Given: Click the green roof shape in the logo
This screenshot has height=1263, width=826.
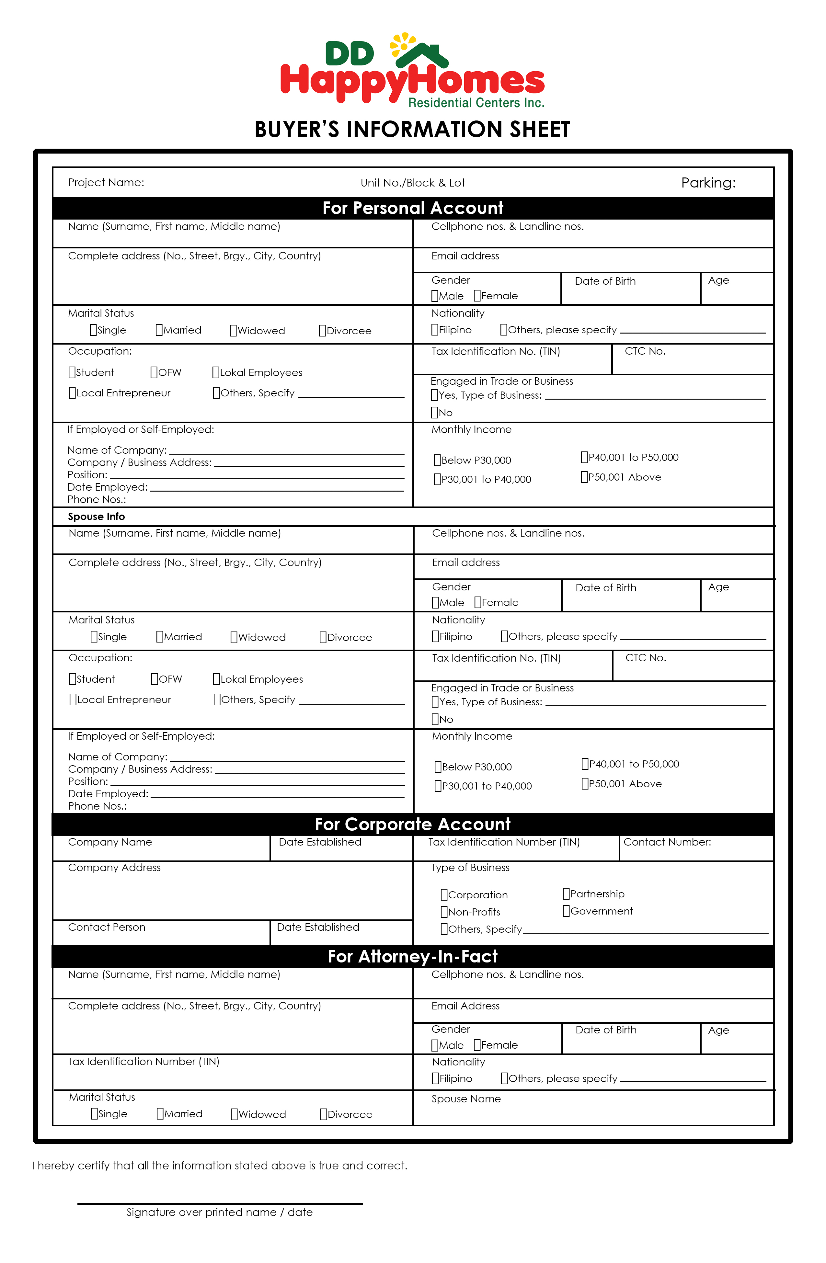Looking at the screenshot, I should pyautogui.click(x=422, y=54).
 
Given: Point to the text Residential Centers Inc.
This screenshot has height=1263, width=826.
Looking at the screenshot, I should pyautogui.click(x=476, y=102).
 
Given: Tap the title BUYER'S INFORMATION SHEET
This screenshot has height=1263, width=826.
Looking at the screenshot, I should pyautogui.click(x=412, y=130).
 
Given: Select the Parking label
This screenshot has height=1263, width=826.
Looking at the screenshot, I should pyautogui.click(x=708, y=183).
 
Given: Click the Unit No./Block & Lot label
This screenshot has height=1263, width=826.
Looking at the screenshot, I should pyautogui.click(x=412, y=183).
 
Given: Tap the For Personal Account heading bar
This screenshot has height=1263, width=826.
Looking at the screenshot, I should pyautogui.click(x=412, y=208).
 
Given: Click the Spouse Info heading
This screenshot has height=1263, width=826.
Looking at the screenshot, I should pyautogui.click(x=96, y=516).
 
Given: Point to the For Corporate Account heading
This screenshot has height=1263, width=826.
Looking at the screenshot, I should pyautogui.click(x=412, y=824).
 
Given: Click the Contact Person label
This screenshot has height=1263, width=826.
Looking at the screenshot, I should pyautogui.click(x=106, y=927).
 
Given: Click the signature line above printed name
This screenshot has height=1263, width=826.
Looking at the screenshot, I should pyautogui.click(x=220, y=1203).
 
